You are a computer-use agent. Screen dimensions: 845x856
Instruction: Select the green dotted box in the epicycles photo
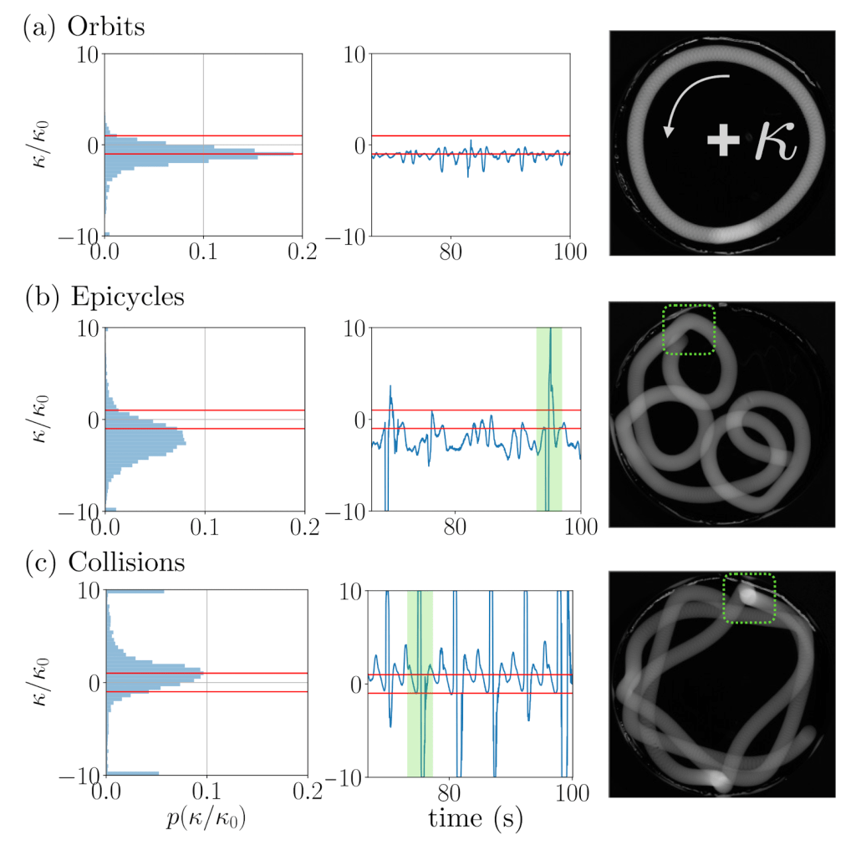coord(689,329)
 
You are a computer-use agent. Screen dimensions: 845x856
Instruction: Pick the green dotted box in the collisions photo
coord(749,598)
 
